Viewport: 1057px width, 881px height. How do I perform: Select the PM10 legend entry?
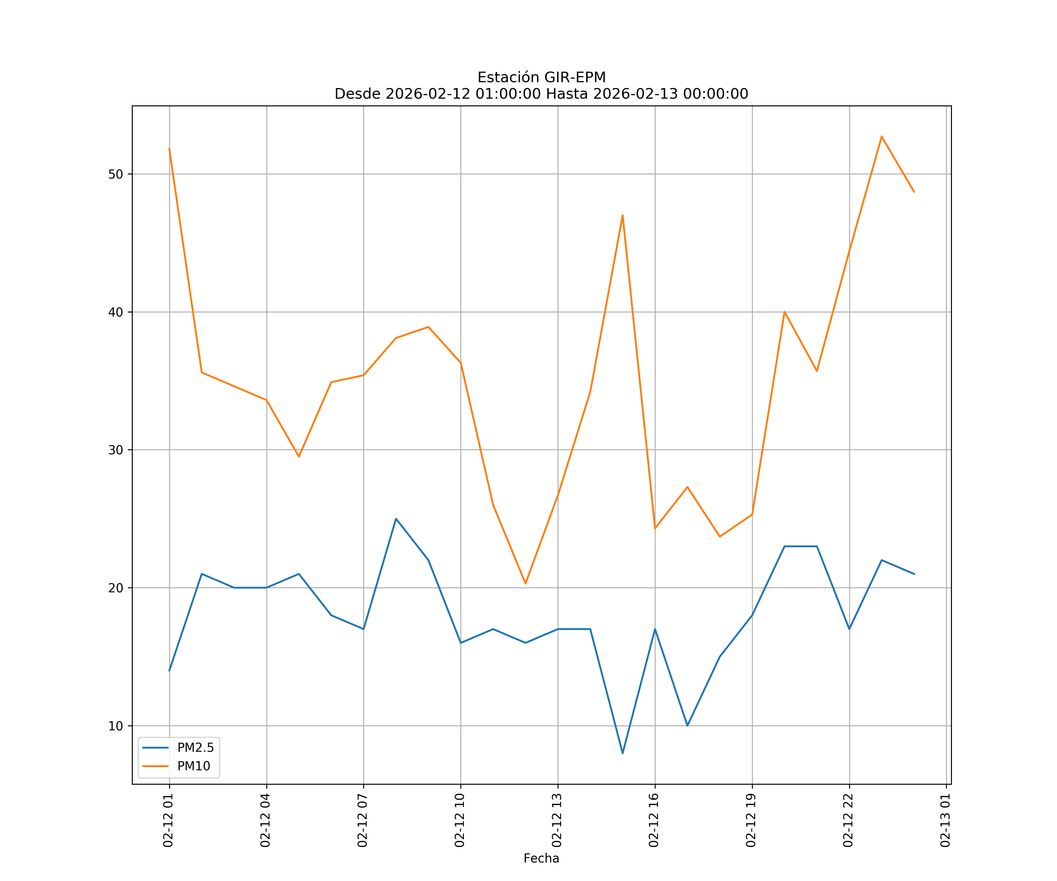pyautogui.click(x=193, y=766)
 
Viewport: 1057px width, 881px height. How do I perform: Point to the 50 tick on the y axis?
pyautogui.click(x=115, y=174)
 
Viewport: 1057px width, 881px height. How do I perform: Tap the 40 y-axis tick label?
pyautogui.click(x=115, y=312)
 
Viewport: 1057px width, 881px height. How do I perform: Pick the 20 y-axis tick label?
pyautogui.click(x=115, y=588)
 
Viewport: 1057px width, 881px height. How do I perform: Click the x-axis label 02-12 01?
pyautogui.click(x=168, y=820)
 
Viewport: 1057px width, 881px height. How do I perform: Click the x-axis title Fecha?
pyautogui.click(x=541, y=858)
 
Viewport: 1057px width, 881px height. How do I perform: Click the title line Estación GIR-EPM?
pyautogui.click(x=541, y=78)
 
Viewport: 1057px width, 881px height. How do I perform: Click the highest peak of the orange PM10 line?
pyautogui.click(x=882, y=137)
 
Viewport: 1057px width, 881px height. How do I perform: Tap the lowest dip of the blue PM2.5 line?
pyautogui.click(x=623, y=753)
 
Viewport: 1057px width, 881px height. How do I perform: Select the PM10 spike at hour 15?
pyautogui.click(x=623, y=216)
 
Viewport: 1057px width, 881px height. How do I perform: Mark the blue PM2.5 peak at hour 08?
pyautogui.click(x=396, y=519)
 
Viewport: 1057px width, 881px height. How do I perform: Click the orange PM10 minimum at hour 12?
pyautogui.click(x=526, y=584)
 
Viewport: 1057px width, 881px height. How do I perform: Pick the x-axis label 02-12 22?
pyautogui.click(x=848, y=820)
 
